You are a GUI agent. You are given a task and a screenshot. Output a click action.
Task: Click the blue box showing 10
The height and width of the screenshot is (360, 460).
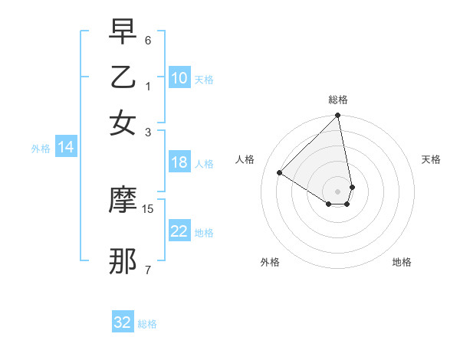pos(179,78)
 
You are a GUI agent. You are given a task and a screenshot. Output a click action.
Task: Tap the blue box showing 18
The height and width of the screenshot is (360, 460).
pos(179,162)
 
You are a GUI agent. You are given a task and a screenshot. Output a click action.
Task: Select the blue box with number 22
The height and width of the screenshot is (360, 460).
pos(179,231)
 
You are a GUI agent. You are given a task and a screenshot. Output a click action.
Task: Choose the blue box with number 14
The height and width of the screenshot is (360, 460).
pos(66,148)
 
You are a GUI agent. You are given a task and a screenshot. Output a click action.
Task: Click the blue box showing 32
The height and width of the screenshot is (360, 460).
pos(123,322)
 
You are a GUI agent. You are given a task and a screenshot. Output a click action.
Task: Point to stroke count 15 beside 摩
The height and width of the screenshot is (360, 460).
pos(148,208)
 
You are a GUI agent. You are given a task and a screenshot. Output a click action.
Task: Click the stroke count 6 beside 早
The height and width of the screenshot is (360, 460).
pos(148,40)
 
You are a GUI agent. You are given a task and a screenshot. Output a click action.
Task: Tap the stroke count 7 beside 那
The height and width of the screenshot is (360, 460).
pos(148,270)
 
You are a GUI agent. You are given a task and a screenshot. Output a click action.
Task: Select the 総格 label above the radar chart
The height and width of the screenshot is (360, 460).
pos(338,100)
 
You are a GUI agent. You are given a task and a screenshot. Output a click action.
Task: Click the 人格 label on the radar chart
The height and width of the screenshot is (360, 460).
pos(245,159)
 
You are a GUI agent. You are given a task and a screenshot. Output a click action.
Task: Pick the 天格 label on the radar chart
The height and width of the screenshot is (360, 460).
pos(431,159)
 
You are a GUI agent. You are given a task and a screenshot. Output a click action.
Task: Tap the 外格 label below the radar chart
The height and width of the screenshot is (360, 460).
pos(270,262)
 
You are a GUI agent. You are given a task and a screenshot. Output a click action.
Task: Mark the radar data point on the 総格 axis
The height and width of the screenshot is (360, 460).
pos(338,116)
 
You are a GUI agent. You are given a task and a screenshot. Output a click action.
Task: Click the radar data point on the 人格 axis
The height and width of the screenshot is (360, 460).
pos(280,173)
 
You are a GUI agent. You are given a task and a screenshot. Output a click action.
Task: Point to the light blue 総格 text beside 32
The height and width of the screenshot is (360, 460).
pos(147,324)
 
